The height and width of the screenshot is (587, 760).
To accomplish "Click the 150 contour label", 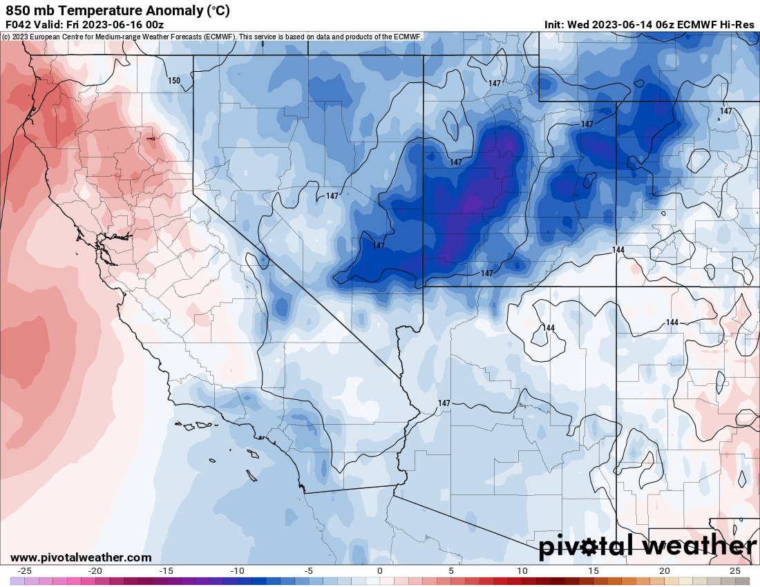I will click(174, 81).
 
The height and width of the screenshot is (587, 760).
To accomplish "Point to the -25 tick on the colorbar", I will click(25, 571).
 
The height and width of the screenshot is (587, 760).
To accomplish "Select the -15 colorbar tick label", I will click(166, 571).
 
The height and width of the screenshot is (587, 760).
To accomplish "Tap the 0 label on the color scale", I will click(380, 571).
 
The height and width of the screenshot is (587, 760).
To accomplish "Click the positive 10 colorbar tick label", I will click(522, 571).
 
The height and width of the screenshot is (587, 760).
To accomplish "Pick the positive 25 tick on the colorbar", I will click(735, 571).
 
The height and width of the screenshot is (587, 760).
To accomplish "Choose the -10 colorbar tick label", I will click(237, 571).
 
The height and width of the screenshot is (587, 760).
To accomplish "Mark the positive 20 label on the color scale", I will click(664, 571).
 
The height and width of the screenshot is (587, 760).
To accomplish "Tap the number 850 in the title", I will click(17, 10).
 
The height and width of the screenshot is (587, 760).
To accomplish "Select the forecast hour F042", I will click(19, 24).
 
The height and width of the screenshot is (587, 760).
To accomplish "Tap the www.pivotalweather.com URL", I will click(81, 557).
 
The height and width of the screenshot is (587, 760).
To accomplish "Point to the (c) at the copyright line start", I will click(6, 37).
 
